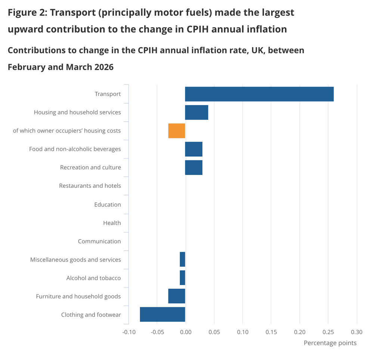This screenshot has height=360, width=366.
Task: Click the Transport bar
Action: tap(259, 94)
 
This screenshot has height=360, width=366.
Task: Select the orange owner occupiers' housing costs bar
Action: tap(177, 131)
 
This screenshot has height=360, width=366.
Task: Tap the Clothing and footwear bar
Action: tap(162, 314)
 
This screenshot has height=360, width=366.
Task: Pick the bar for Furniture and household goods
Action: tap(177, 296)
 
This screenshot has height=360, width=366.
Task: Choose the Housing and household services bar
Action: tap(196, 112)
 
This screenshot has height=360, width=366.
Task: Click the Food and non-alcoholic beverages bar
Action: tap(193, 149)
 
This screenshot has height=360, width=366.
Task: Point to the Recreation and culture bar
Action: tap(193, 168)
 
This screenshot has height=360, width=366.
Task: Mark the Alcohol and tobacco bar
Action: tap(182, 278)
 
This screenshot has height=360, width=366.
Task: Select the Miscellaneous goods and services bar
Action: tap(182, 259)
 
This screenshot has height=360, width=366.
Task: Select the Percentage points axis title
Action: tap(330, 343)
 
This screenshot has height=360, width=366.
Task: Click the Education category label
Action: tap(108, 204)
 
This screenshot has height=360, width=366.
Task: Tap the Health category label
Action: tap(112, 223)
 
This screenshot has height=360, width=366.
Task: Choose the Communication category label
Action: tap(99, 241)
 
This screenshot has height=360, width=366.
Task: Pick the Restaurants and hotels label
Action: tap(90, 186)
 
